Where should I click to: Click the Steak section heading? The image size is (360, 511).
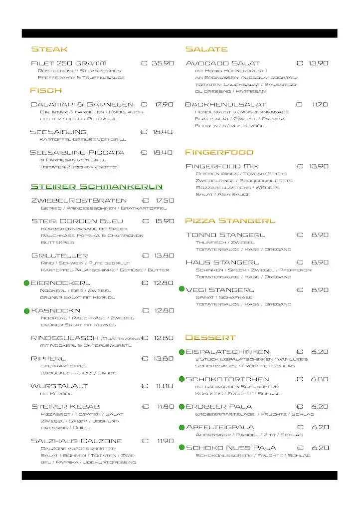pyautogui.click(x=49, y=49)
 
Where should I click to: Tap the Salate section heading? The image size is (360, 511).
pyautogui.click(x=206, y=49)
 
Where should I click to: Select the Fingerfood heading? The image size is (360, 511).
pyautogui.click(x=219, y=152)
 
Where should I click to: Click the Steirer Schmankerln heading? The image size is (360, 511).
pyautogui.click(x=96, y=186)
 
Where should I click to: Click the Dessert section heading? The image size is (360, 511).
pyautogui.click(x=210, y=337)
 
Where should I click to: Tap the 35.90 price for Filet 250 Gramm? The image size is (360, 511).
pyautogui.click(x=163, y=63)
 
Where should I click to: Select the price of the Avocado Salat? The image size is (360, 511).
pyautogui.click(x=318, y=63)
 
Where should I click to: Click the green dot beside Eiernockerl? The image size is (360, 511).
pyautogui.click(x=26, y=283)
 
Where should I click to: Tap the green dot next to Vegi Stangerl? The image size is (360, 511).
pyautogui.click(x=181, y=289)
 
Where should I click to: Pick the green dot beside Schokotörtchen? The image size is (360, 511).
pyautogui.click(x=181, y=379)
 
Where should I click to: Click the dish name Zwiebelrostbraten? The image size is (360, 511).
pyautogui.click(x=78, y=200)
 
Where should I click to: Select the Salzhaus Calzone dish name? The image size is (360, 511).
pyautogui.click(x=76, y=441)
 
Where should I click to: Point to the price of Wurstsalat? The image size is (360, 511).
pyautogui.click(x=164, y=386)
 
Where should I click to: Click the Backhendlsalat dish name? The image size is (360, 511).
pyautogui.click(x=225, y=105)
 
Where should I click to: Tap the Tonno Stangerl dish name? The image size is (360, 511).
pyautogui.click(x=225, y=235)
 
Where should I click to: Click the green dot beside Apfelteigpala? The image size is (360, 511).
pyautogui.click(x=181, y=427)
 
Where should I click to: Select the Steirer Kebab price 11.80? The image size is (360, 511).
pyautogui.click(x=165, y=407)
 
